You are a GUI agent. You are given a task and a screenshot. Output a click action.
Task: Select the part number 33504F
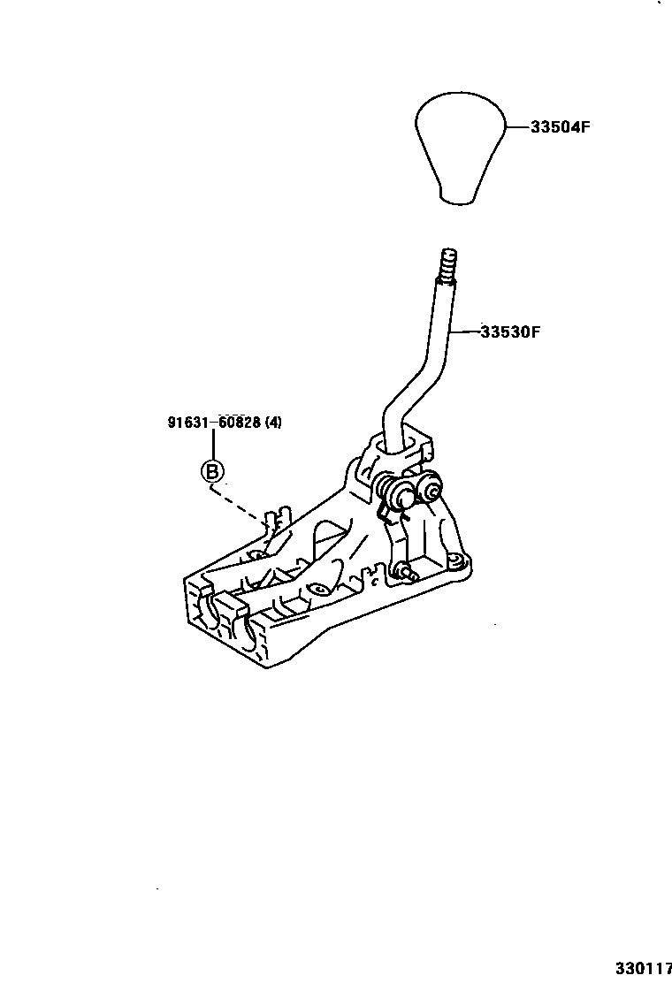click(x=560, y=127)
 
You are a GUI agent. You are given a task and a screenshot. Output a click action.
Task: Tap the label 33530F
click(x=510, y=332)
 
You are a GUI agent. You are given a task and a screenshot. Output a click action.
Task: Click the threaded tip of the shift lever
click(x=448, y=264)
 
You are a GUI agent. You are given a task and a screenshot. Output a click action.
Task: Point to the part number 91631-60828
click(x=213, y=423)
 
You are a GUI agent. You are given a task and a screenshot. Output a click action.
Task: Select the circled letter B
click(x=212, y=471)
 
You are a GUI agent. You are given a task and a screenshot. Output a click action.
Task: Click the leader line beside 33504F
click(x=517, y=127)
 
